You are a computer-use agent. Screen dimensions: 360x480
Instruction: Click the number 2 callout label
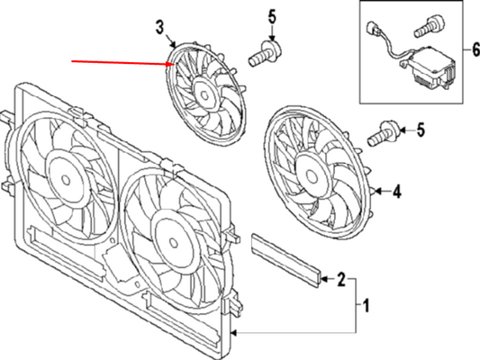[342, 280]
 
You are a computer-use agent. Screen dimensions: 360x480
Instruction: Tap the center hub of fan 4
[315, 168]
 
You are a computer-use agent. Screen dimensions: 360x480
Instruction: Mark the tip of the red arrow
[172, 64]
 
